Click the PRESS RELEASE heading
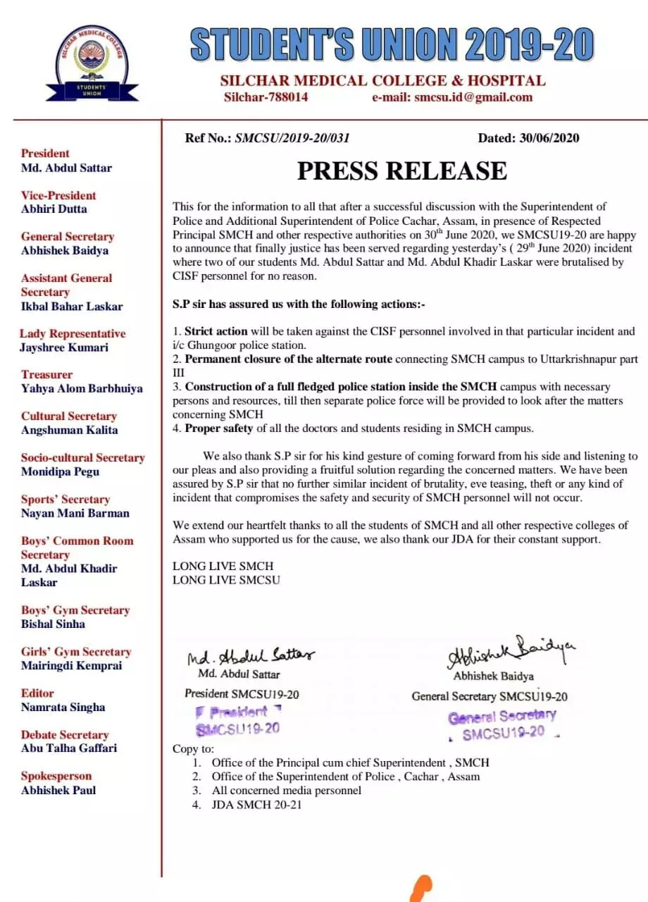point(401,171)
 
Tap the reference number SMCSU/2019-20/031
point(292,138)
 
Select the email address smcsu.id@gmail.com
point(452,97)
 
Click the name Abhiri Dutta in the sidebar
point(54,209)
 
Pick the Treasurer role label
point(46,374)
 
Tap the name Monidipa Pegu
point(60,471)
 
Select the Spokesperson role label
point(56,776)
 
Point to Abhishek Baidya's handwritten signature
point(511,653)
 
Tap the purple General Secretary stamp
point(502,724)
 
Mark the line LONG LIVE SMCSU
point(226,580)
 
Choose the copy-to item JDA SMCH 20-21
point(256,804)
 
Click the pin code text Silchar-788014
point(266,97)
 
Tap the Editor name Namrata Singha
point(63,707)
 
